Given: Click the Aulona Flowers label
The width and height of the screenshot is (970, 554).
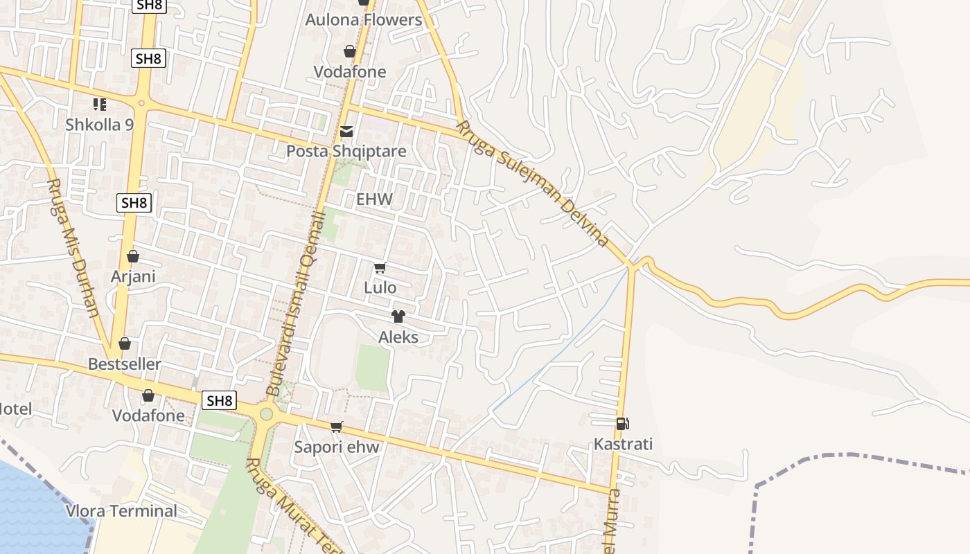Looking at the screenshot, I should coord(364,20).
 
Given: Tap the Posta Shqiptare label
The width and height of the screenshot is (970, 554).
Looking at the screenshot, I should coord(346,151).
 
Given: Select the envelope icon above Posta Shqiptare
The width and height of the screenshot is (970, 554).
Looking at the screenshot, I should coord(346,132).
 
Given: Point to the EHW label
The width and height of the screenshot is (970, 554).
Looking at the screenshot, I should coord(374,199).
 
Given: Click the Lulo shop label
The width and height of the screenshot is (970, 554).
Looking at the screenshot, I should coord(380,287).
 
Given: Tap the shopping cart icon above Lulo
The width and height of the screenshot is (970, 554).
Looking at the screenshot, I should coord(380,268).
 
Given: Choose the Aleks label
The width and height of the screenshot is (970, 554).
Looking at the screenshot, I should coord(398,337).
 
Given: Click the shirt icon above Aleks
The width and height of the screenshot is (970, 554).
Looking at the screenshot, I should coord(398,317).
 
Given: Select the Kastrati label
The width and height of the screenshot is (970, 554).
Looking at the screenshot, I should coord(623,444).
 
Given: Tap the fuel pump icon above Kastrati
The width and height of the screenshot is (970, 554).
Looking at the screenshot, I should coord(622,424).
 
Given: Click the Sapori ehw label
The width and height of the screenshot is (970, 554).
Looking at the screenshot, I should coord(337,447).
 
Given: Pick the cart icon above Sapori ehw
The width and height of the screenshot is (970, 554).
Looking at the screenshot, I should coord(337,427).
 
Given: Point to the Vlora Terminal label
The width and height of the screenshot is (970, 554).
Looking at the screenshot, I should coord(121,511).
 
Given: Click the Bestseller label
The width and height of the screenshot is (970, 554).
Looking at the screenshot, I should coord(125,364).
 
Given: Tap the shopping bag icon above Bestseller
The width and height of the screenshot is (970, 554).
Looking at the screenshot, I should coord(125,343).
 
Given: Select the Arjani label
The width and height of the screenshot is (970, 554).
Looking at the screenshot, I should coord(133,276).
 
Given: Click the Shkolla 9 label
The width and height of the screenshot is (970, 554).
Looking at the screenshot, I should coord(99,125).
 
